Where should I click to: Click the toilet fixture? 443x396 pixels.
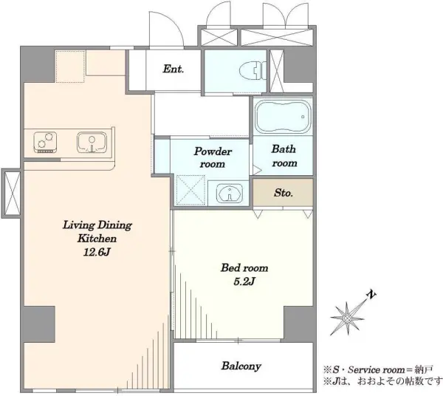253,71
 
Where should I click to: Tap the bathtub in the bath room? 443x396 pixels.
283,117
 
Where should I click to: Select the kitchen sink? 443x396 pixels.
92,142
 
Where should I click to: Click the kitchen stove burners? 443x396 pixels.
45,142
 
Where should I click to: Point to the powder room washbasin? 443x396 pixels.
230,194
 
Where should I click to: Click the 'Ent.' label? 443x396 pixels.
174,69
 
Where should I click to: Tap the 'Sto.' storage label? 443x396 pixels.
283,193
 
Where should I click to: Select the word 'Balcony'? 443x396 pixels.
241,366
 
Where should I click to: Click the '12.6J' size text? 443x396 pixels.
96,252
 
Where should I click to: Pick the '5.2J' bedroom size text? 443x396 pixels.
244,281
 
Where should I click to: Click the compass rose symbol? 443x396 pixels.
348,318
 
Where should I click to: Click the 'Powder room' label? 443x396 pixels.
213,157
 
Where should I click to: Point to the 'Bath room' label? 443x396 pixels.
284,156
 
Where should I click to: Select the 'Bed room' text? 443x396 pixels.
244,267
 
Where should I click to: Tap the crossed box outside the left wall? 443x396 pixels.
11,194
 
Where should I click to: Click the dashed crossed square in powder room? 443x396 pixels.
190,189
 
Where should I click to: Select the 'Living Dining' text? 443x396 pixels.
97,225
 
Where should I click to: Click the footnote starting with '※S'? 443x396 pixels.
378,369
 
